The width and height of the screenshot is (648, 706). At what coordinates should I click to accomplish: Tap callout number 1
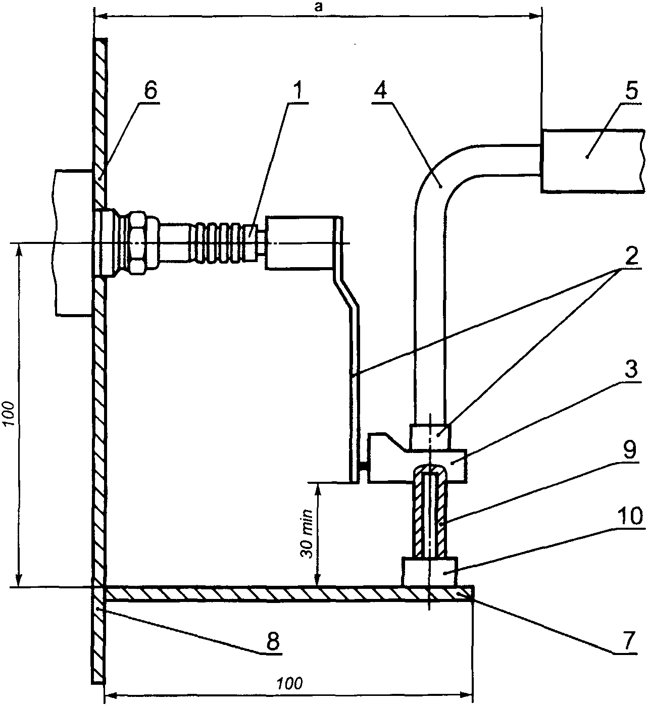298,91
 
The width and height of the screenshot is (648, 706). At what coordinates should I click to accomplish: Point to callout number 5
631,91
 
